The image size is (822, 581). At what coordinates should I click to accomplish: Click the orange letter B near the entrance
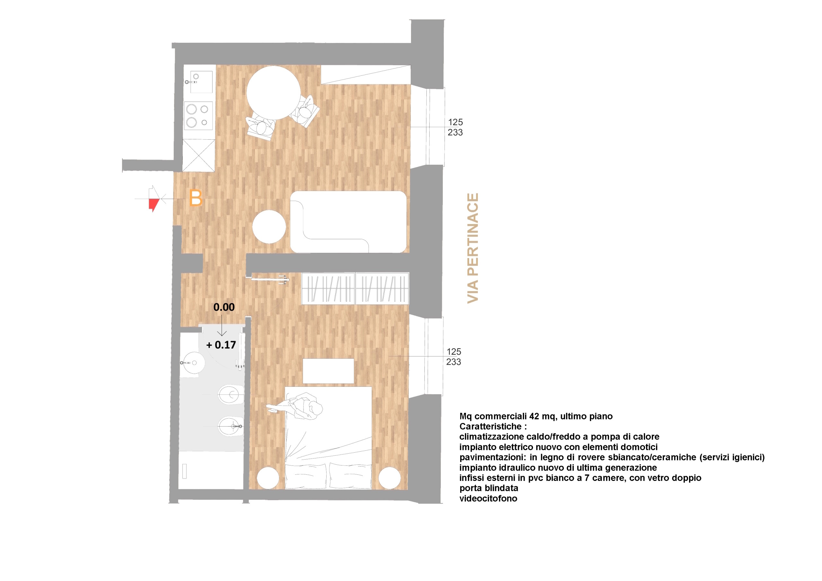click(x=196, y=198)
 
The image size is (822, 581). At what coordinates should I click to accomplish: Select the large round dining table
click(x=274, y=93)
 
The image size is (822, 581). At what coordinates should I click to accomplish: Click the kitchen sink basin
click(x=201, y=82)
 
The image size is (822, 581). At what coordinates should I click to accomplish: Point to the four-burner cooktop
click(x=198, y=116)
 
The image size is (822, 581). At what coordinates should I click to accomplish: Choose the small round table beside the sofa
click(x=269, y=227)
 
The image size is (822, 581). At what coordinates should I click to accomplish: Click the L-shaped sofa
click(x=348, y=222)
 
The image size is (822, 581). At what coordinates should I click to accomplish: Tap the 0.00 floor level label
click(x=224, y=307)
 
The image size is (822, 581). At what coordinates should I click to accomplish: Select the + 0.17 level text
click(x=221, y=345)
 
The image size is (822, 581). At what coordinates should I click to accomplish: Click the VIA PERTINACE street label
click(x=473, y=248)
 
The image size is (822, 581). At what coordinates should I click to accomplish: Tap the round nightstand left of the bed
click(x=268, y=478)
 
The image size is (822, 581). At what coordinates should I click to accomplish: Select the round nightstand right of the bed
click(x=389, y=478)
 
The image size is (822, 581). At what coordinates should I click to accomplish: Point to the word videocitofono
click(x=488, y=498)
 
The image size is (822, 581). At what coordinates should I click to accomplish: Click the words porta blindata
click(x=489, y=488)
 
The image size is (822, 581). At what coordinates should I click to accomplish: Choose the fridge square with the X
click(x=199, y=155)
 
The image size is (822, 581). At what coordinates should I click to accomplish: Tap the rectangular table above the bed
click(x=328, y=371)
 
